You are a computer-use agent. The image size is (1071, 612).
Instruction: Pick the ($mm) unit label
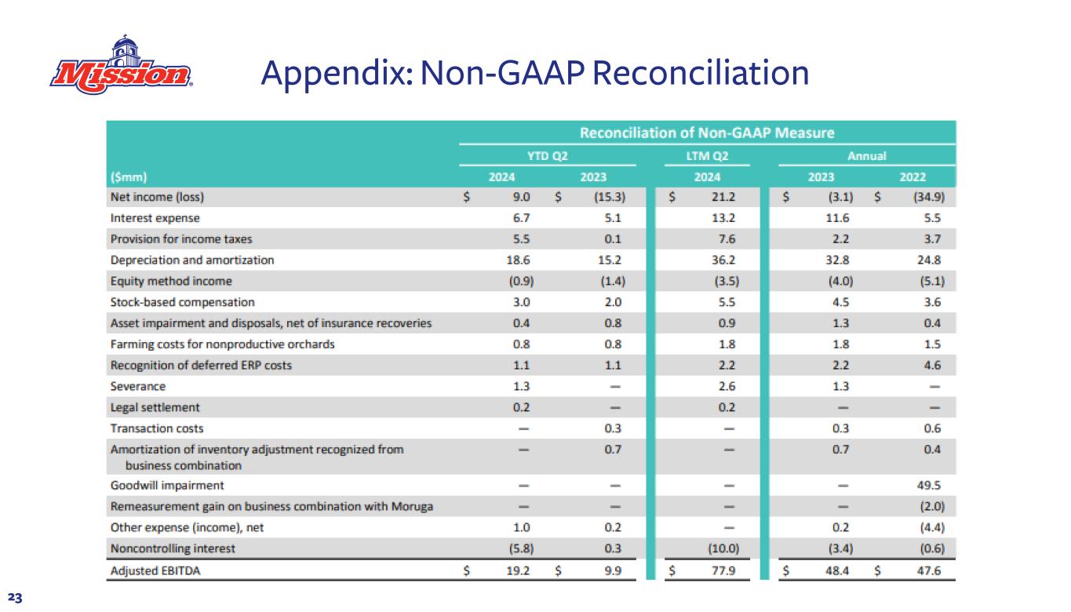(126, 177)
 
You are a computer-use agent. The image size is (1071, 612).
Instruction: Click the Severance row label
(138, 386)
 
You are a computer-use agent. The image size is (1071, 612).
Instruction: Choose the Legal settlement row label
(155, 407)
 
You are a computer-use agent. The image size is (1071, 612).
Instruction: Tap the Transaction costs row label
(158, 428)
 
